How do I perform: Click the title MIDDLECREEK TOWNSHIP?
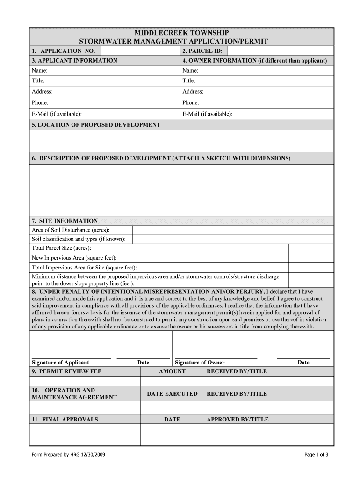181,33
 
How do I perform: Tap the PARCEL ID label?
202,51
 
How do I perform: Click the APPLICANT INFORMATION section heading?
74,61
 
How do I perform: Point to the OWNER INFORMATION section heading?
255,61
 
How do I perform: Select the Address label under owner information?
193,92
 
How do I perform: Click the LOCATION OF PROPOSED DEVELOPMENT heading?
96,125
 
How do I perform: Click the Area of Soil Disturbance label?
71,230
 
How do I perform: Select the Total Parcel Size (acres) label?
61,248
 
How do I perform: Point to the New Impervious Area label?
74,258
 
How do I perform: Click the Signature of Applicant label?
60,363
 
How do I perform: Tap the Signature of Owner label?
200,363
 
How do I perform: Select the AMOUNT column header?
172,371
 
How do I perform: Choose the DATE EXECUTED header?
172,394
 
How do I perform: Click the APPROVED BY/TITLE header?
238,420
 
